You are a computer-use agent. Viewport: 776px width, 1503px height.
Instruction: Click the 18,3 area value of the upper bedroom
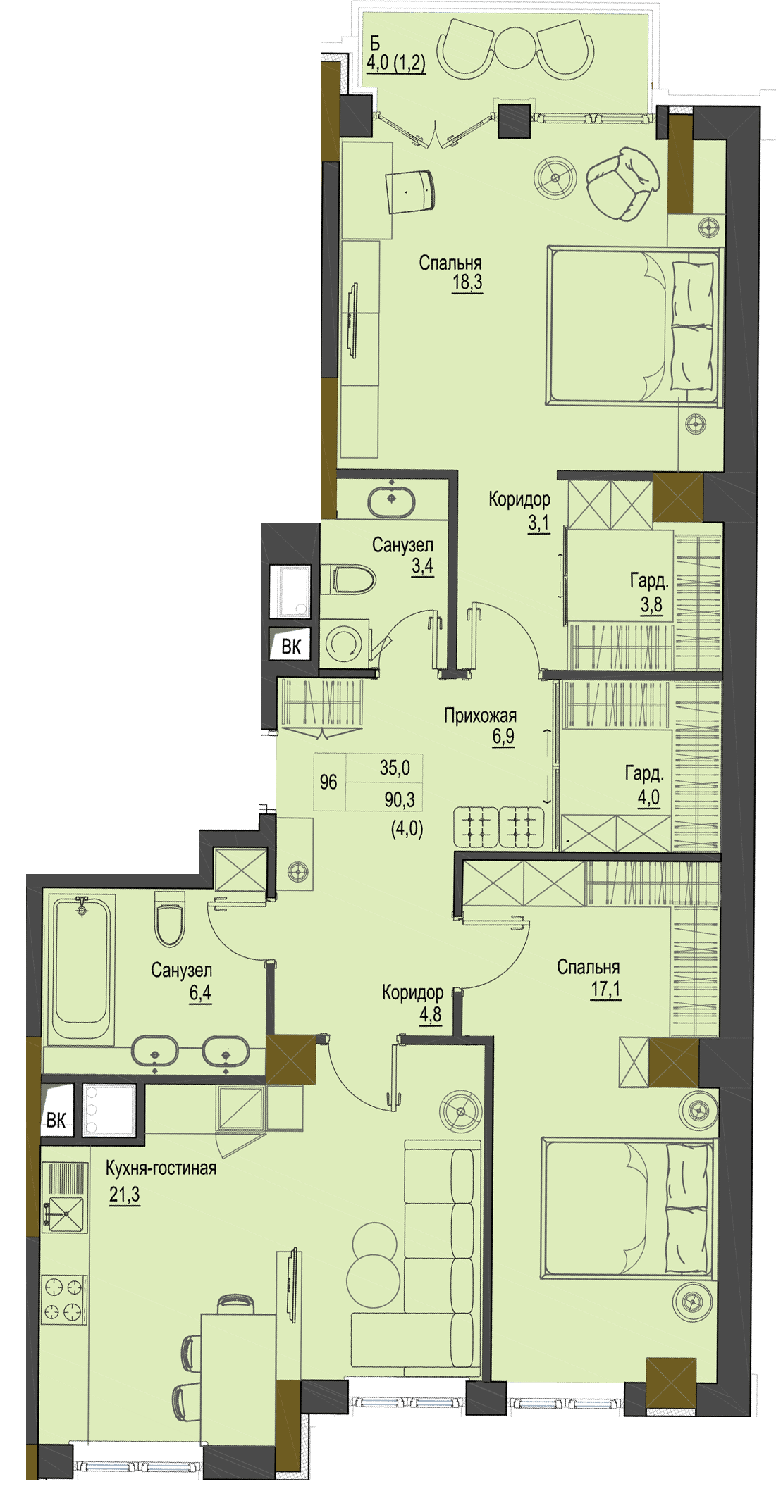pyautogui.click(x=467, y=283)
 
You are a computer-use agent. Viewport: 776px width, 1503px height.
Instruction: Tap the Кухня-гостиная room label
pyautogui.click(x=161, y=1168)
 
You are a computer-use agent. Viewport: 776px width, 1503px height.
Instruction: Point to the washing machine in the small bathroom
pyautogui.click(x=345, y=643)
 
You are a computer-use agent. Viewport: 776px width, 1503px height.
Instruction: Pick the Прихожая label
pyautogui.click(x=480, y=716)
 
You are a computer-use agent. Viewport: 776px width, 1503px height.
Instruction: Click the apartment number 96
pyautogui.click(x=328, y=782)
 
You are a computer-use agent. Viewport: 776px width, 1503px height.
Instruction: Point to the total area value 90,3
pyautogui.click(x=400, y=799)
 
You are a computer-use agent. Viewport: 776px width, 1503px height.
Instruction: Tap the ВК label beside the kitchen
pyautogui.click(x=56, y=1121)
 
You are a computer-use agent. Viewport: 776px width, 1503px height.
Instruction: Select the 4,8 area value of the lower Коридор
pyautogui.click(x=430, y=1014)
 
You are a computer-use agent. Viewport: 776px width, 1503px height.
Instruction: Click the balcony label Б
pyautogui.click(x=376, y=44)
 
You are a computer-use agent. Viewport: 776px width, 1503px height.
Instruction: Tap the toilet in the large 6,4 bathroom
pyautogui.click(x=169, y=919)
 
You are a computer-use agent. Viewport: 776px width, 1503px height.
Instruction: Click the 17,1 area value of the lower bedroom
pyautogui.click(x=605, y=989)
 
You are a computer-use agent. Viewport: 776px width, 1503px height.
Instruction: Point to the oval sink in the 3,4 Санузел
pyautogui.click(x=391, y=500)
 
